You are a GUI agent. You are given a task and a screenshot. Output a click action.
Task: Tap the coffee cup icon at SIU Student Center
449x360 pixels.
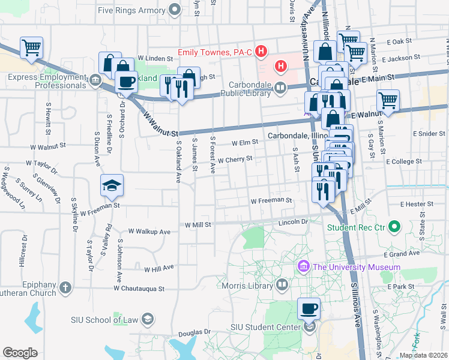point(309,309)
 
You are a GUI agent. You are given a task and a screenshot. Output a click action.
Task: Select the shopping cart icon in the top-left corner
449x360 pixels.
point(31,47)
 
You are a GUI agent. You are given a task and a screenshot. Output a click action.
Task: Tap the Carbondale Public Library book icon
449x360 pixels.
point(280,89)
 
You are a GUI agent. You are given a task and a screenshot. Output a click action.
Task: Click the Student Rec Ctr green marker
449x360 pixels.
point(394,227)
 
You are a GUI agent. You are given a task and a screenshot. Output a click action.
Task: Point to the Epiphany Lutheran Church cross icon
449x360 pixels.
point(65,288)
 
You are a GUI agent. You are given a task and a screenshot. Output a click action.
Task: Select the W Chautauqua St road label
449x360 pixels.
point(139,289)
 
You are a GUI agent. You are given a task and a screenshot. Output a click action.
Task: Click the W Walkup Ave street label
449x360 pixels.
point(150,232)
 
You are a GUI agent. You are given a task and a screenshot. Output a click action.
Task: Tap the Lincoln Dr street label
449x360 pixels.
point(292,222)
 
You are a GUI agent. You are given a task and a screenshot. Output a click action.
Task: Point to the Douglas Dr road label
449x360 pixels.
point(195,331)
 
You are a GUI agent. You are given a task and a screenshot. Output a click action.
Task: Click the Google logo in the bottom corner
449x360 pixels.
point(20,352)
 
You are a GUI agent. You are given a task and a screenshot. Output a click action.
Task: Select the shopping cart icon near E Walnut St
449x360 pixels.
point(388,101)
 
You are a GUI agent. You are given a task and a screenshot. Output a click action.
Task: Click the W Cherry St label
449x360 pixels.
point(235,160)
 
